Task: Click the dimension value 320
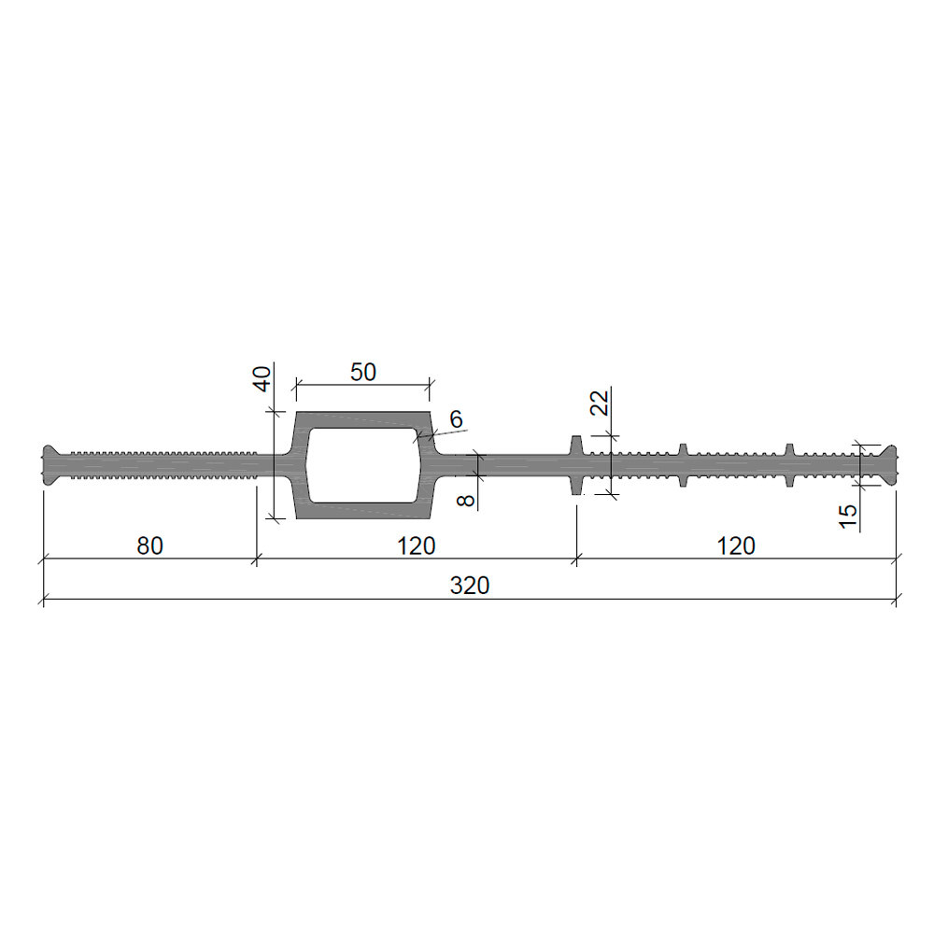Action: [x=470, y=586]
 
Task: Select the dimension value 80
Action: [x=149, y=545]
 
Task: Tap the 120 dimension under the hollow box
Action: [x=417, y=545]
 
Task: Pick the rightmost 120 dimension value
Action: [x=736, y=545]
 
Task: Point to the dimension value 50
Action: [x=362, y=373]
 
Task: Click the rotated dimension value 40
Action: [x=262, y=379]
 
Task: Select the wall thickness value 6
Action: [x=456, y=419]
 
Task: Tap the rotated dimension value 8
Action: [x=466, y=499]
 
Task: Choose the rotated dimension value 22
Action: [x=600, y=403]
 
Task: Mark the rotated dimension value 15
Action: [x=848, y=516]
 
